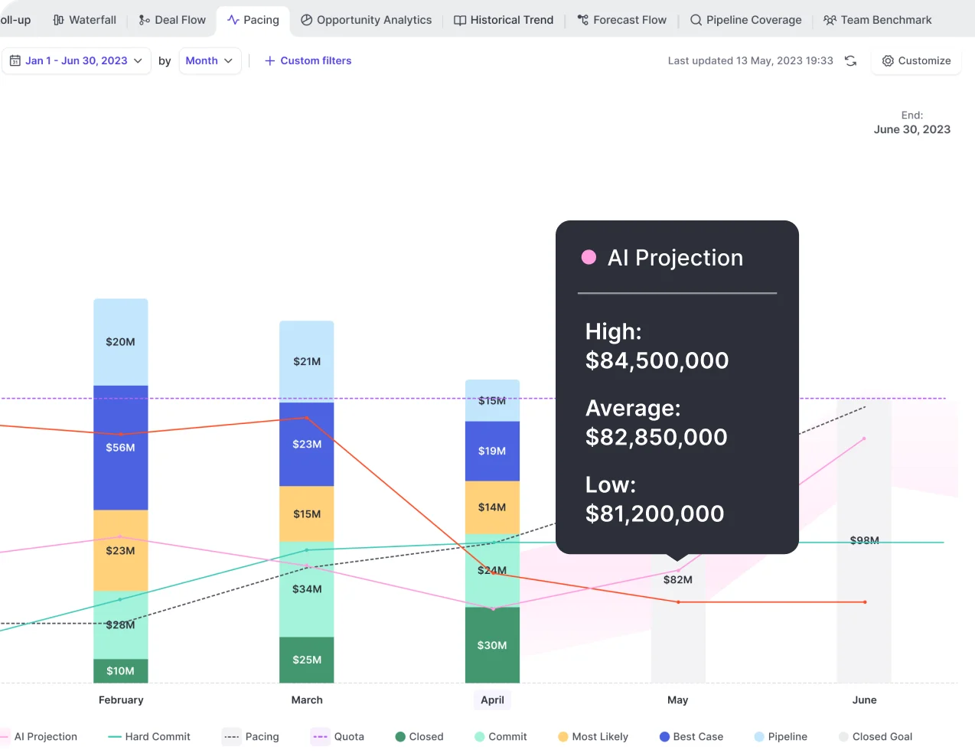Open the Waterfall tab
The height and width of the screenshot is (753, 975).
[85, 20]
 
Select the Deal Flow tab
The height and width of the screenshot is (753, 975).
[172, 20]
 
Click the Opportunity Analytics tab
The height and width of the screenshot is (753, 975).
[366, 20]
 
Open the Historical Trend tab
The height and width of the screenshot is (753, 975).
[504, 20]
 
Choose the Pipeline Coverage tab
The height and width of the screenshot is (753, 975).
[745, 20]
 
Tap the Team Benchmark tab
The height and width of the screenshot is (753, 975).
[877, 20]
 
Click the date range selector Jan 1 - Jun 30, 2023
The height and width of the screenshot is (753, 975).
[76, 60]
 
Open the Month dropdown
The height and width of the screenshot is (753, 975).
[209, 60]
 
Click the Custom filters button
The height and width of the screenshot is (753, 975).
[308, 60]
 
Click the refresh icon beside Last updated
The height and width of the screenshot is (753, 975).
[850, 60]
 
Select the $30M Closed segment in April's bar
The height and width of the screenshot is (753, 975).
[492, 645]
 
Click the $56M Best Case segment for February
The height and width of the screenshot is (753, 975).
[120, 448]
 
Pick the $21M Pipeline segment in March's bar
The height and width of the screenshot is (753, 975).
[306, 361]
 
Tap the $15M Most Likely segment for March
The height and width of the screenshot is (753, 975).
[306, 514]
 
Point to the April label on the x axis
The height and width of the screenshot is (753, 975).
[492, 700]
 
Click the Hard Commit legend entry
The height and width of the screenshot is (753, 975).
[149, 737]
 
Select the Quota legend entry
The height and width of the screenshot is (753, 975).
[338, 737]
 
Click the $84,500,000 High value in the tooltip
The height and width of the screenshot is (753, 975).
[657, 360]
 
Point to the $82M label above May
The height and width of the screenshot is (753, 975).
[677, 580]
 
